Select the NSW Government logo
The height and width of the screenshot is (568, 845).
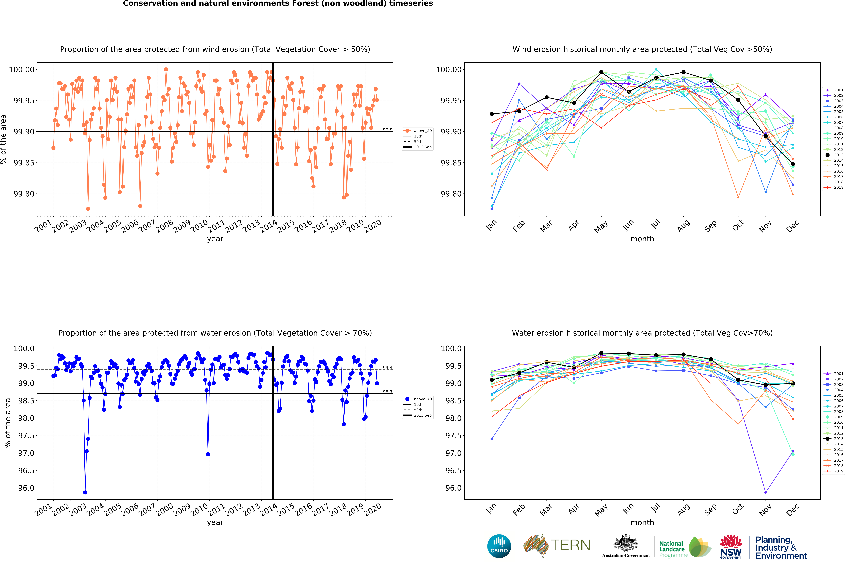point(731,546)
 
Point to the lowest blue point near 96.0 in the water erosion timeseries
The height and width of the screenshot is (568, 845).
point(85,492)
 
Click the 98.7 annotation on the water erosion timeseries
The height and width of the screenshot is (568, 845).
point(387,392)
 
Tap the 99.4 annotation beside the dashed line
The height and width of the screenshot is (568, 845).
point(387,368)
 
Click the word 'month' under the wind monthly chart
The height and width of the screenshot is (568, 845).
point(642,239)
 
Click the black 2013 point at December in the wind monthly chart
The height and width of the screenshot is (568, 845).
point(793,164)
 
